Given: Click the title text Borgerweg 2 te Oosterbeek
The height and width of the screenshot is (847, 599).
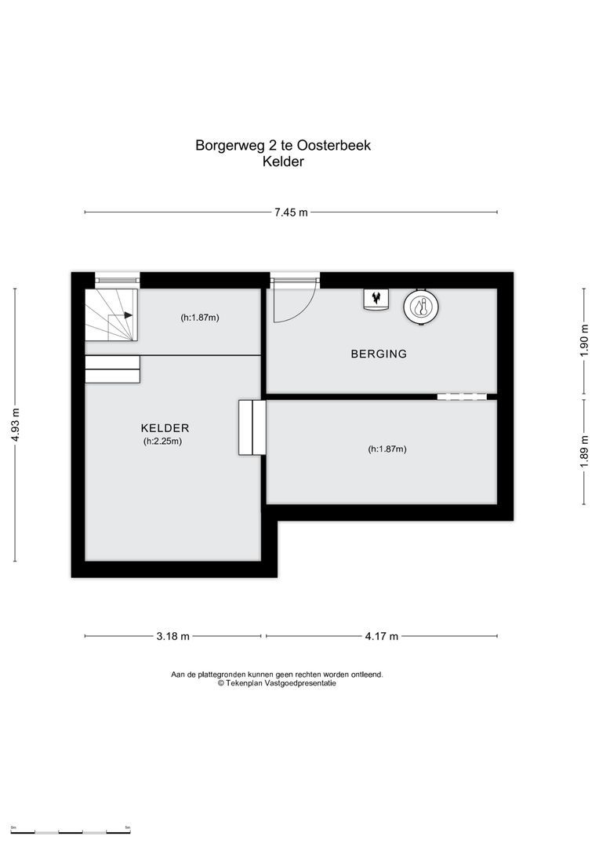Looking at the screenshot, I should [x=282, y=145].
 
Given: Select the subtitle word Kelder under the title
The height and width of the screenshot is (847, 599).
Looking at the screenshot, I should [x=283, y=162].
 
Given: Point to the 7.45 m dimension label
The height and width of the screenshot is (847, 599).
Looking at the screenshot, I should [x=291, y=213].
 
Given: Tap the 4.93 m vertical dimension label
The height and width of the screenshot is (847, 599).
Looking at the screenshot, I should [x=15, y=424].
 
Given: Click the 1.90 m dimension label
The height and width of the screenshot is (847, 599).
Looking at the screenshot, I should [x=583, y=340].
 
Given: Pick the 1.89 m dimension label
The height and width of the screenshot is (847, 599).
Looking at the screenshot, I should [x=583, y=452].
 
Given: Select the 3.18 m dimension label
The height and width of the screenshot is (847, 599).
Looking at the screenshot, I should [x=174, y=636].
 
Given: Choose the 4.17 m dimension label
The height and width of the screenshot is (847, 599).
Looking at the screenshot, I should [x=382, y=636].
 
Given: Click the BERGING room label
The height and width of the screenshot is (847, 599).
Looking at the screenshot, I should [x=379, y=354].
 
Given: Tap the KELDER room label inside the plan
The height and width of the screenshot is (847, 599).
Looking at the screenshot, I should [x=165, y=428].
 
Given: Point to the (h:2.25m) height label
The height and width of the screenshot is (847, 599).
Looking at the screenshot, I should [x=162, y=442].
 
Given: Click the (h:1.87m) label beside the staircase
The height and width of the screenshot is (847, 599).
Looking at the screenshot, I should [x=199, y=318].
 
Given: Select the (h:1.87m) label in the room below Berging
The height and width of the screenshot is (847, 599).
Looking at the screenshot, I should [x=387, y=449].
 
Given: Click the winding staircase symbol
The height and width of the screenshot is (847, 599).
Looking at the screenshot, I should [x=111, y=314].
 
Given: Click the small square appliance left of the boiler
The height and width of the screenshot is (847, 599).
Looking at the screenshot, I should [x=376, y=300].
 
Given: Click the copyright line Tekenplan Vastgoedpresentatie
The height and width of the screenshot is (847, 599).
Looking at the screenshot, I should [x=277, y=683].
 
